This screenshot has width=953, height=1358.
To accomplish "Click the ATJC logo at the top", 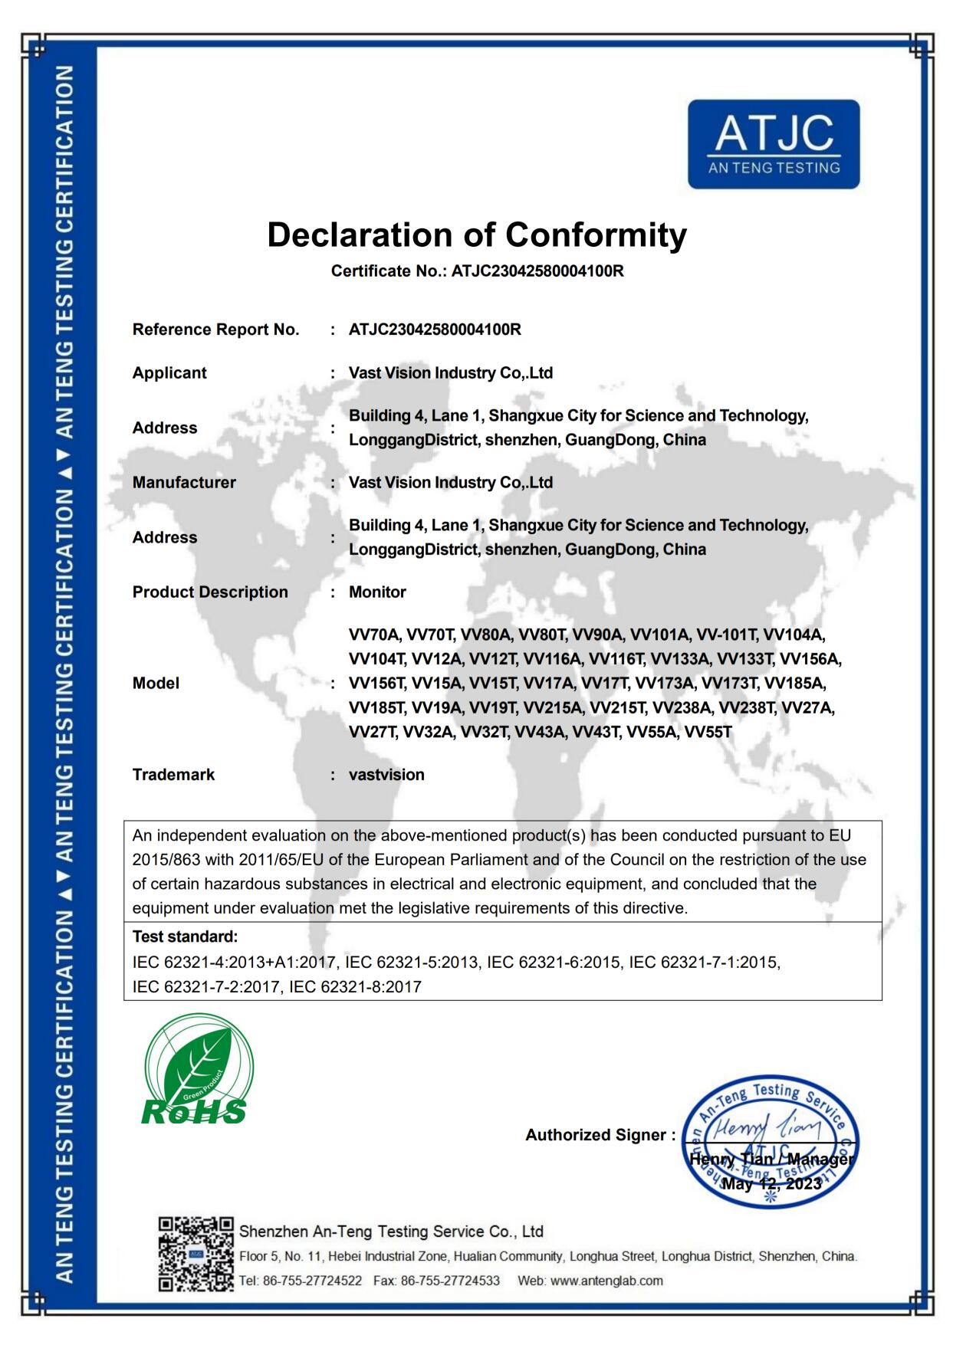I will coord(773,144).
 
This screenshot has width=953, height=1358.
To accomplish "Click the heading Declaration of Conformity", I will coord(476,235).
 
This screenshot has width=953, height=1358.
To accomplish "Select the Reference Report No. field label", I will coord(215,330).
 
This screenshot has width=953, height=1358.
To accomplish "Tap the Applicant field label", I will coord(169,373).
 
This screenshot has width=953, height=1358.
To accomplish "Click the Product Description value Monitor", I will coord(377,592).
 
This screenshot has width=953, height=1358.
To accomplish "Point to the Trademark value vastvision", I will coord(386,775).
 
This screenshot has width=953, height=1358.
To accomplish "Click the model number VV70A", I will coord(374,635).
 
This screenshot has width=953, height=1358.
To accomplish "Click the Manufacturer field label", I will coord(184,483).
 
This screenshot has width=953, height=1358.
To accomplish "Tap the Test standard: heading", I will coord(185,936).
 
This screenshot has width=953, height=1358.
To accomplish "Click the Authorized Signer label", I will coord(600,1135).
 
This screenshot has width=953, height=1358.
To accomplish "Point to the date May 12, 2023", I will coord(771,1184).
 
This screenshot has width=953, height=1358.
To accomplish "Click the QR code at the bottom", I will coord(196,1254).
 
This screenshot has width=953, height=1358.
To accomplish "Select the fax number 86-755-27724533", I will coord(450,1281).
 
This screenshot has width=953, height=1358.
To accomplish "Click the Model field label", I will coord(156,684).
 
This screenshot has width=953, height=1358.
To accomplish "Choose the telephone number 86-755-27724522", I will coord(312,1281).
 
